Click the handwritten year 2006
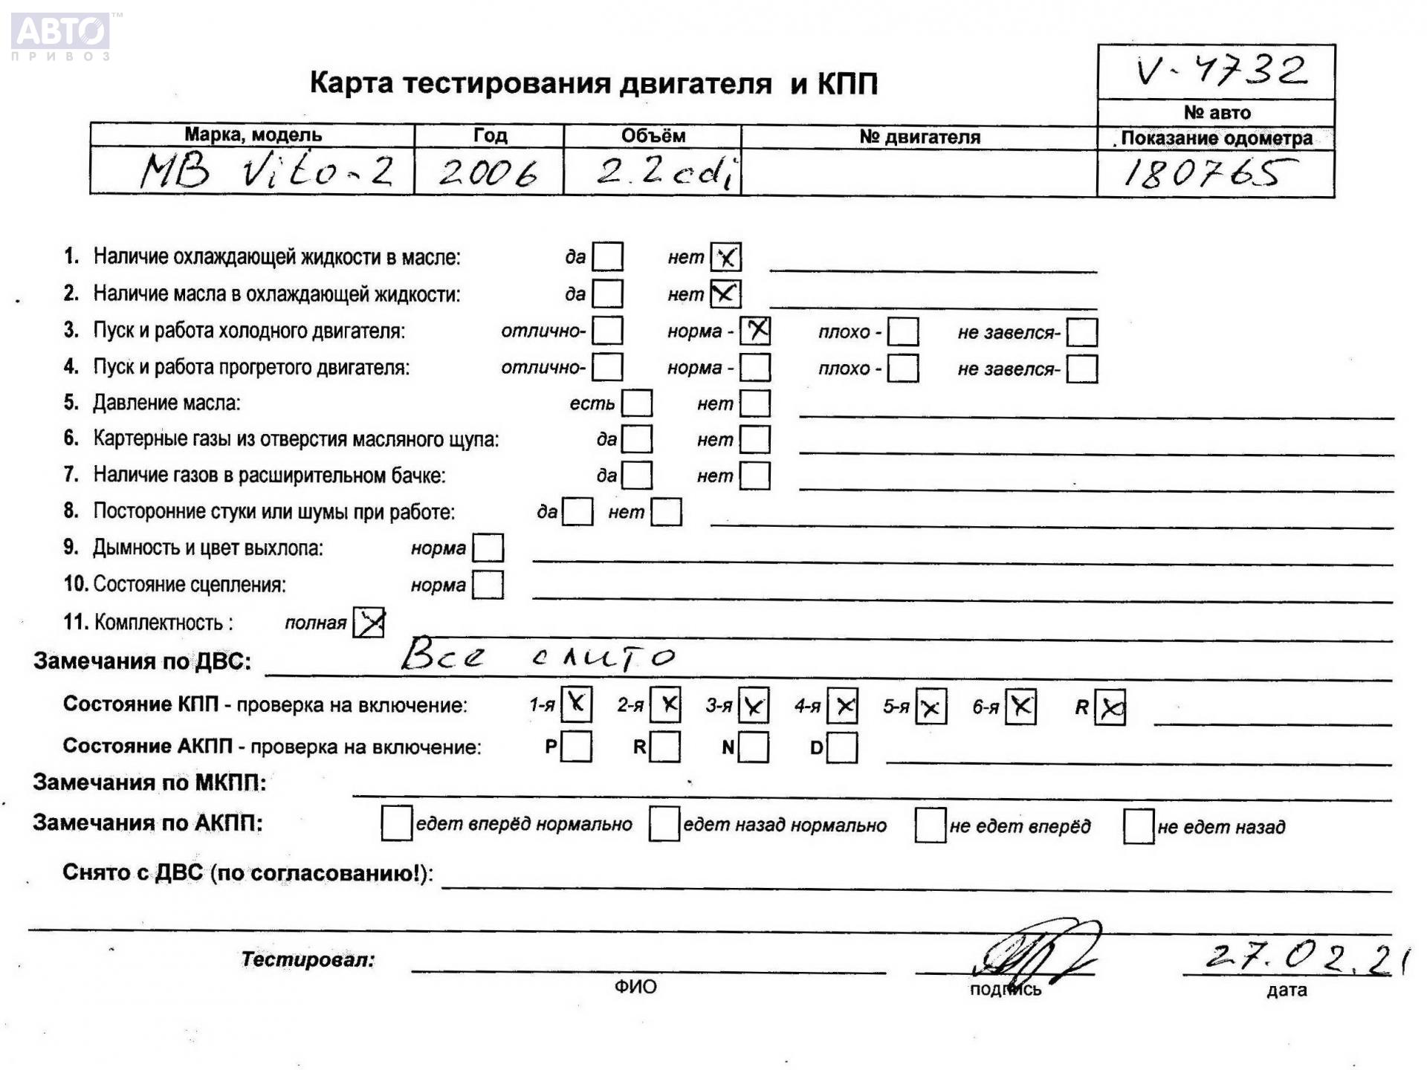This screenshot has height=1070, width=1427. click(488, 173)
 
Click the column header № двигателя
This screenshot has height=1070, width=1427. click(919, 137)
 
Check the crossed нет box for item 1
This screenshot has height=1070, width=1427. click(725, 257)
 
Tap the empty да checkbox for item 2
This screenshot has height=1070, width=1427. click(608, 294)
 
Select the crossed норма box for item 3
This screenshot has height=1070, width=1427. click(755, 331)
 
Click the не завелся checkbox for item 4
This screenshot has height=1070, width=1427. click(1081, 369)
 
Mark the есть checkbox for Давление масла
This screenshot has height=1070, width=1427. click(637, 403)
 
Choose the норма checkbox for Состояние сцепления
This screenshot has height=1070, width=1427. click(488, 585)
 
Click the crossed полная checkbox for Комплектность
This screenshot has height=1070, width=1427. click(369, 622)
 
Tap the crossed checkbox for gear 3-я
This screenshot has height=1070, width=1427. click(754, 706)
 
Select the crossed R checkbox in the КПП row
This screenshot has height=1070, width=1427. click(1110, 707)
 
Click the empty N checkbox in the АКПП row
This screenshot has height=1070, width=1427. click(754, 747)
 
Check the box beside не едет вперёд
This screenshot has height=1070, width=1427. click(930, 825)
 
